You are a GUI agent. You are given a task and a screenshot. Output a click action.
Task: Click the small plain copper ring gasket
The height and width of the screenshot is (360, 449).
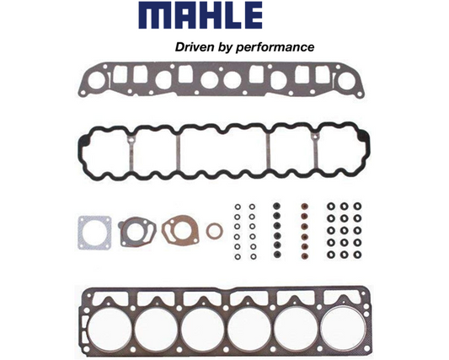pyautogui.click(x=215, y=231)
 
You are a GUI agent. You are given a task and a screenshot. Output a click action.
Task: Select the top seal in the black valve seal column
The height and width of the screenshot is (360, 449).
pyautogui.click(x=274, y=206)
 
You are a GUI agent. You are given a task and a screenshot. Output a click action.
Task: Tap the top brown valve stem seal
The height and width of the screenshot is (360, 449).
pyautogui.click(x=306, y=206)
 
